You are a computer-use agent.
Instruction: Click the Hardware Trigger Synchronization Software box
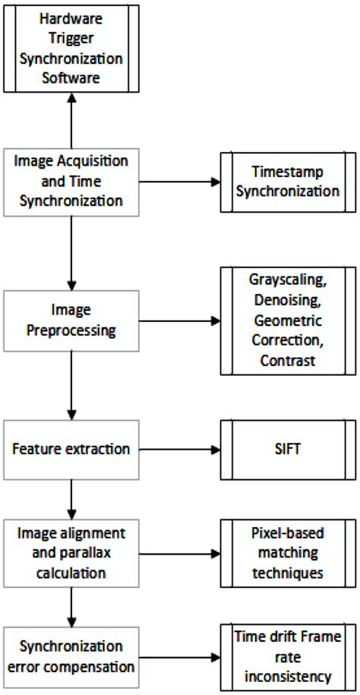[71, 49]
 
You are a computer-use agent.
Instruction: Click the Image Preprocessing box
[71, 321]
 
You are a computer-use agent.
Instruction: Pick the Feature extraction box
[71, 448]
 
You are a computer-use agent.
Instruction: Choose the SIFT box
[288, 448]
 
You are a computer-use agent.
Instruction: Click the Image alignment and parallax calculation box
[71, 553]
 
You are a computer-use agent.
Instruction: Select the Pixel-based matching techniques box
[288, 553]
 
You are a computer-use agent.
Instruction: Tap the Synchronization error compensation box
[71, 656]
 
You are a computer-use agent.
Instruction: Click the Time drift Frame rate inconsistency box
[288, 656]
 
